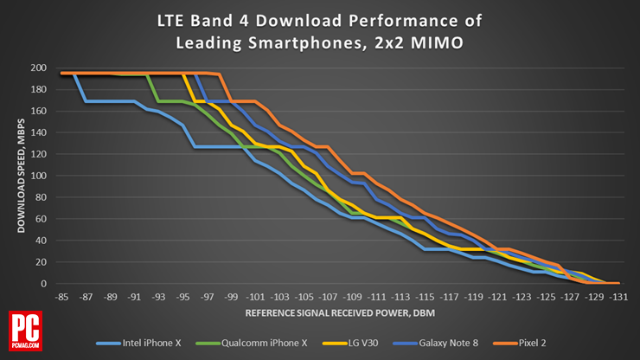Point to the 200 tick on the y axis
pyautogui.click(x=39, y=67)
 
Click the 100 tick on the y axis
pyautogui.click(x=39, y=176)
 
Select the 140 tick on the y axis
pyautogui.click(x=39, y=132)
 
